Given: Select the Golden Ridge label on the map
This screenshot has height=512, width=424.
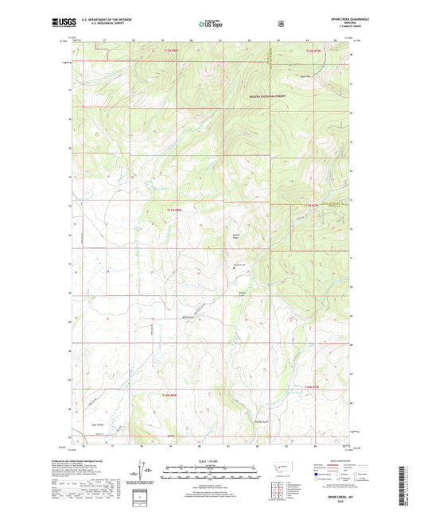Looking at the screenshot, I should pos(236,235).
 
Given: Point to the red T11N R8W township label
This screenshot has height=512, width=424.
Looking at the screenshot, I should pos(174,209).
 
